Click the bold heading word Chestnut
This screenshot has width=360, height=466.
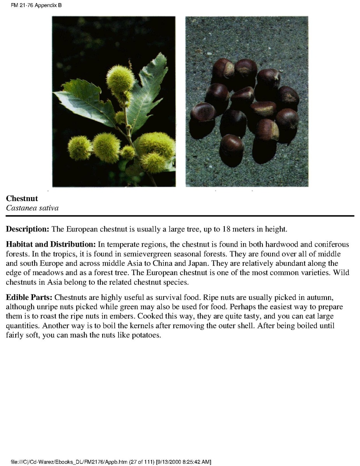coord(22,199)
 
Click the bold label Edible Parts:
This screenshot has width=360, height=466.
coord(29,298)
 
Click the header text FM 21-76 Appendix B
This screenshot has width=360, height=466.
coord(34,5)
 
